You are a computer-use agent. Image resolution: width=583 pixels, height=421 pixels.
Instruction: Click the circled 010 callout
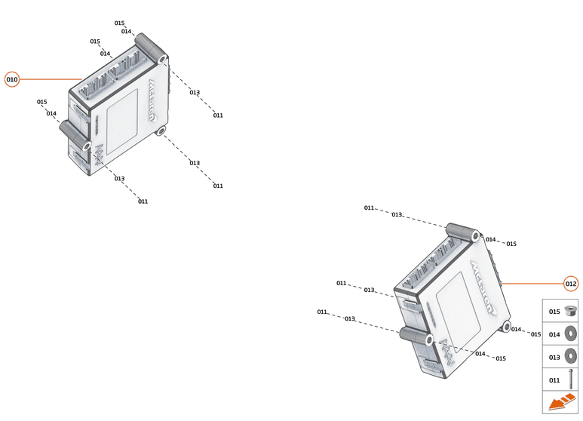(x=12, y=79)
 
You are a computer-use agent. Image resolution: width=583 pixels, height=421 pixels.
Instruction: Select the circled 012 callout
(x=571, y=284)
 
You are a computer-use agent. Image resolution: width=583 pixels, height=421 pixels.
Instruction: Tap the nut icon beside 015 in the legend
(x=570, y=311)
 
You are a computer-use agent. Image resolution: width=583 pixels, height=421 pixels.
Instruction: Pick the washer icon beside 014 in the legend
(x=570, y=333)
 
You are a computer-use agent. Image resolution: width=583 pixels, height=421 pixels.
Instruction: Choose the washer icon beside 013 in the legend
(x=570, y=356)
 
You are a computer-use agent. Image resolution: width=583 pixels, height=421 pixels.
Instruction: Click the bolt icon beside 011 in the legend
(x=571, y=379)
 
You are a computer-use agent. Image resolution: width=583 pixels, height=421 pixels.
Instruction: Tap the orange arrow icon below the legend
(x=562, y=402)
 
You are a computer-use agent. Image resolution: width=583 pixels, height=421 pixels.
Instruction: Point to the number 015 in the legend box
(x=554, y=312)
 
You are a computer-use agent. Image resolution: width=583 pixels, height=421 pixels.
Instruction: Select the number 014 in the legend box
(x=554, y=334)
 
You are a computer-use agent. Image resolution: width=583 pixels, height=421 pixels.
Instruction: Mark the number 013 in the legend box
(x=554, y=358)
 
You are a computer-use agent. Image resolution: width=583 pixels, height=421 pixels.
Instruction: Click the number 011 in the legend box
(x=554, y=380)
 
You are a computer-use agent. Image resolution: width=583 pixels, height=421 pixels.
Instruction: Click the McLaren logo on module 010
(x=153, y=100)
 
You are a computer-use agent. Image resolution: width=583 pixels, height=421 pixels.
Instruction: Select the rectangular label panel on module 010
(x=122, y=121)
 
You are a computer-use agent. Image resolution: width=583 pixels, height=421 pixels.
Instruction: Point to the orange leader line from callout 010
(x=51, y=79)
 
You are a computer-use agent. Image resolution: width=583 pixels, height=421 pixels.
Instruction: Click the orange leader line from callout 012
(x=532, y=284)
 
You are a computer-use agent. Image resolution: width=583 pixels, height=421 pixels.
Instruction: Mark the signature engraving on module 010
(x=100, y=155)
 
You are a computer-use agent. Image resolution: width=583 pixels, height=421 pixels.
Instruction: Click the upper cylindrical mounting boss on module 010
(x=151, y=48)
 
